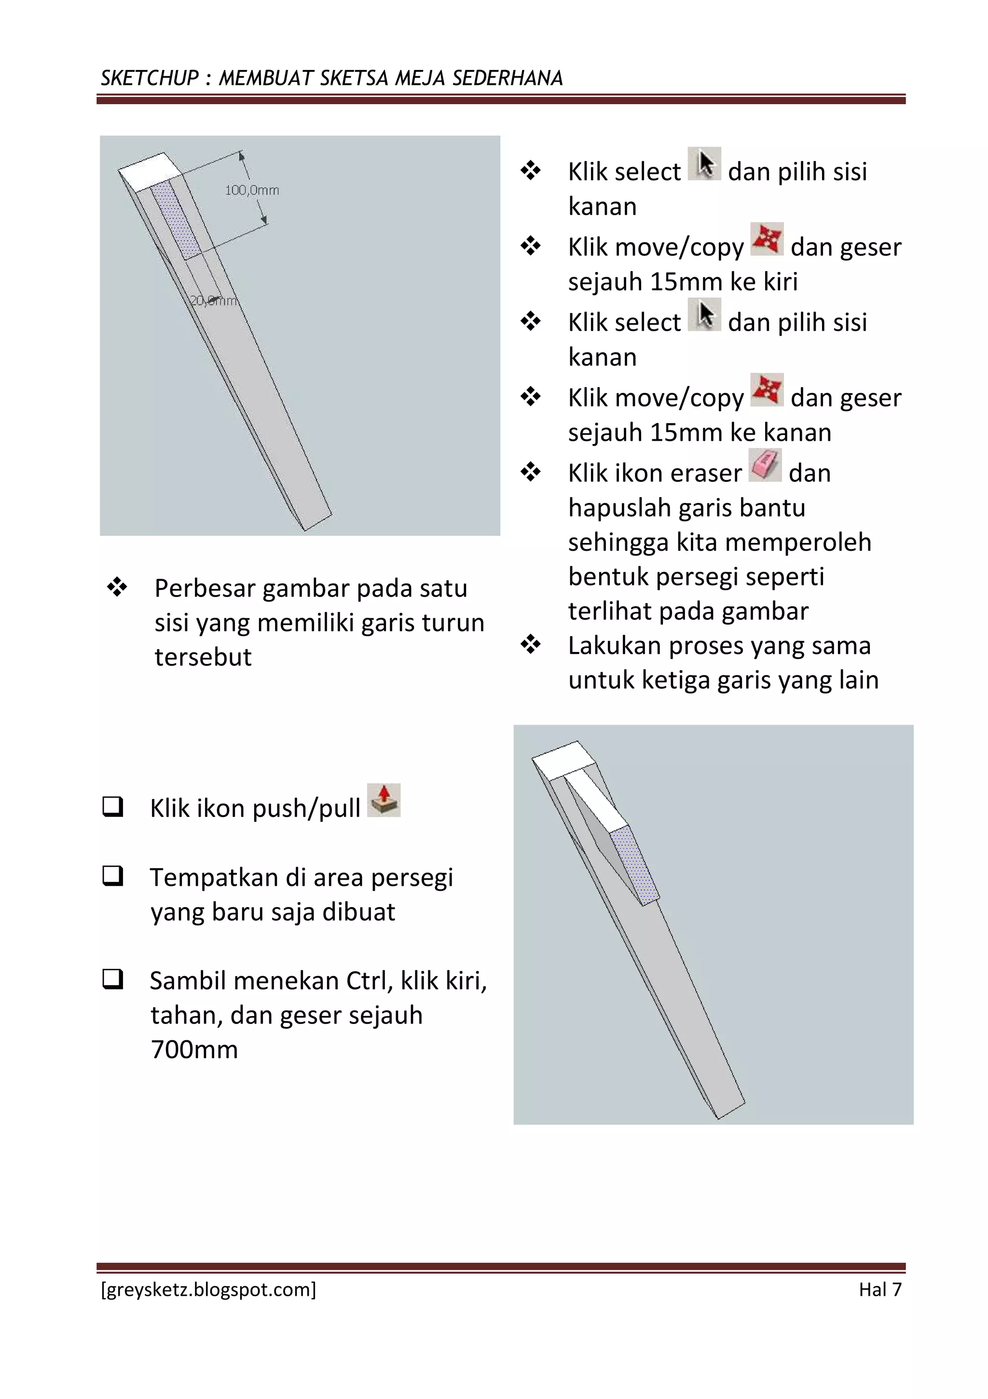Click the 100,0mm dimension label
[x=252, y=190]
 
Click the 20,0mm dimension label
[x=213, y=300]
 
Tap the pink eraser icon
[x=765, y=465]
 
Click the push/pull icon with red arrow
[x=384, y=800]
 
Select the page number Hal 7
[x=879, y=1290]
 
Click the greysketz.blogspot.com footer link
[x=208, y=1290]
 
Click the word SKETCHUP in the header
[x=150, y=78]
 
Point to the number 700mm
[x=194, y=1050]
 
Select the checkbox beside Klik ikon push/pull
[x=113, y=807]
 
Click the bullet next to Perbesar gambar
[x=117, y=587]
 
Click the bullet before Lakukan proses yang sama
[x=530, y=644]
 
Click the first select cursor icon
[x=705, y=164]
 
